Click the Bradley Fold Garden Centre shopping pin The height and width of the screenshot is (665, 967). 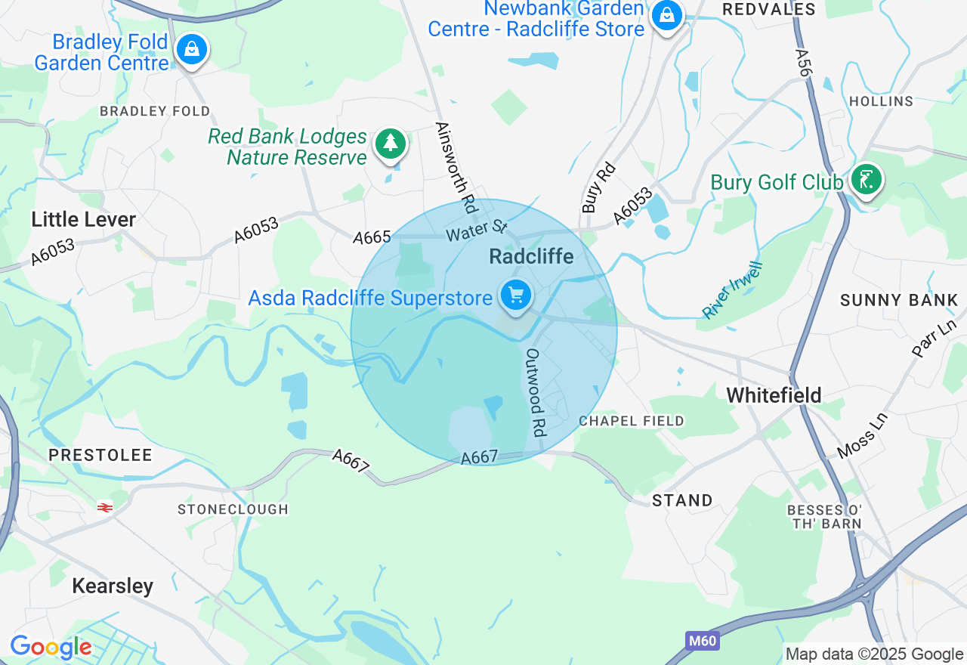(x=192, y=51)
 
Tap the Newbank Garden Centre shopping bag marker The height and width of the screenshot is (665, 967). (x=667, y=15)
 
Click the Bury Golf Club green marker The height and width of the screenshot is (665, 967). (x=866, y=181)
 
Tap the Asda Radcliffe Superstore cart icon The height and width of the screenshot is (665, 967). (x=516, y=295)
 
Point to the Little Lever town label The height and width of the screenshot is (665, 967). (x=83, y=220)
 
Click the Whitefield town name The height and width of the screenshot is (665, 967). (x=774, y=394)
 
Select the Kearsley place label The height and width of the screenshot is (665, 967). (x=113, y=586)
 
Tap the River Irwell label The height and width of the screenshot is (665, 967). (x=733, y=290)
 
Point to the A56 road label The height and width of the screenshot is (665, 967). (x=803, y=62)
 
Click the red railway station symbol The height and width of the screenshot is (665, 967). (x=105, y=508)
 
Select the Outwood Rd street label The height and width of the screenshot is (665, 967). (x=536, y=391)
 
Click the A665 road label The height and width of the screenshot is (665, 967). (x=372, y=237)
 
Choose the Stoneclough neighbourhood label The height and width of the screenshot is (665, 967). (x=233, y=509)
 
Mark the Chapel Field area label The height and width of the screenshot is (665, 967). (x=632, y=421)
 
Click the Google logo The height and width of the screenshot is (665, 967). (x=51, y=648)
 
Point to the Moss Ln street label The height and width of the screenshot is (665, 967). (x=861, y=436)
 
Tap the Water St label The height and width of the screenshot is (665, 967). (x=477, y=230)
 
